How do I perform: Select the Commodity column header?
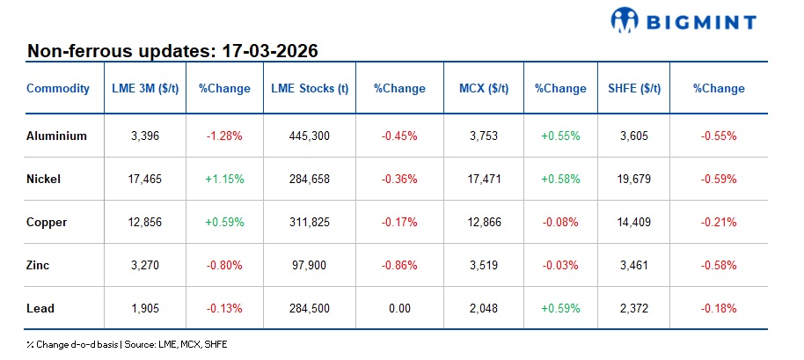58,88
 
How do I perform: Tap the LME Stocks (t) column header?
309,88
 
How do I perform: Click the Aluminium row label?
57,136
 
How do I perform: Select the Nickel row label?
44,179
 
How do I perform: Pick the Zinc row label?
40,265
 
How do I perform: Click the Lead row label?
40,308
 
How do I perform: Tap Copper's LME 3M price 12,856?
144,222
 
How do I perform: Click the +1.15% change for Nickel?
223,179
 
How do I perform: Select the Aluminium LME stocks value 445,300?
309,136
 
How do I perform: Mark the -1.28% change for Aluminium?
223,136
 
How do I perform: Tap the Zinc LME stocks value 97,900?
309,265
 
